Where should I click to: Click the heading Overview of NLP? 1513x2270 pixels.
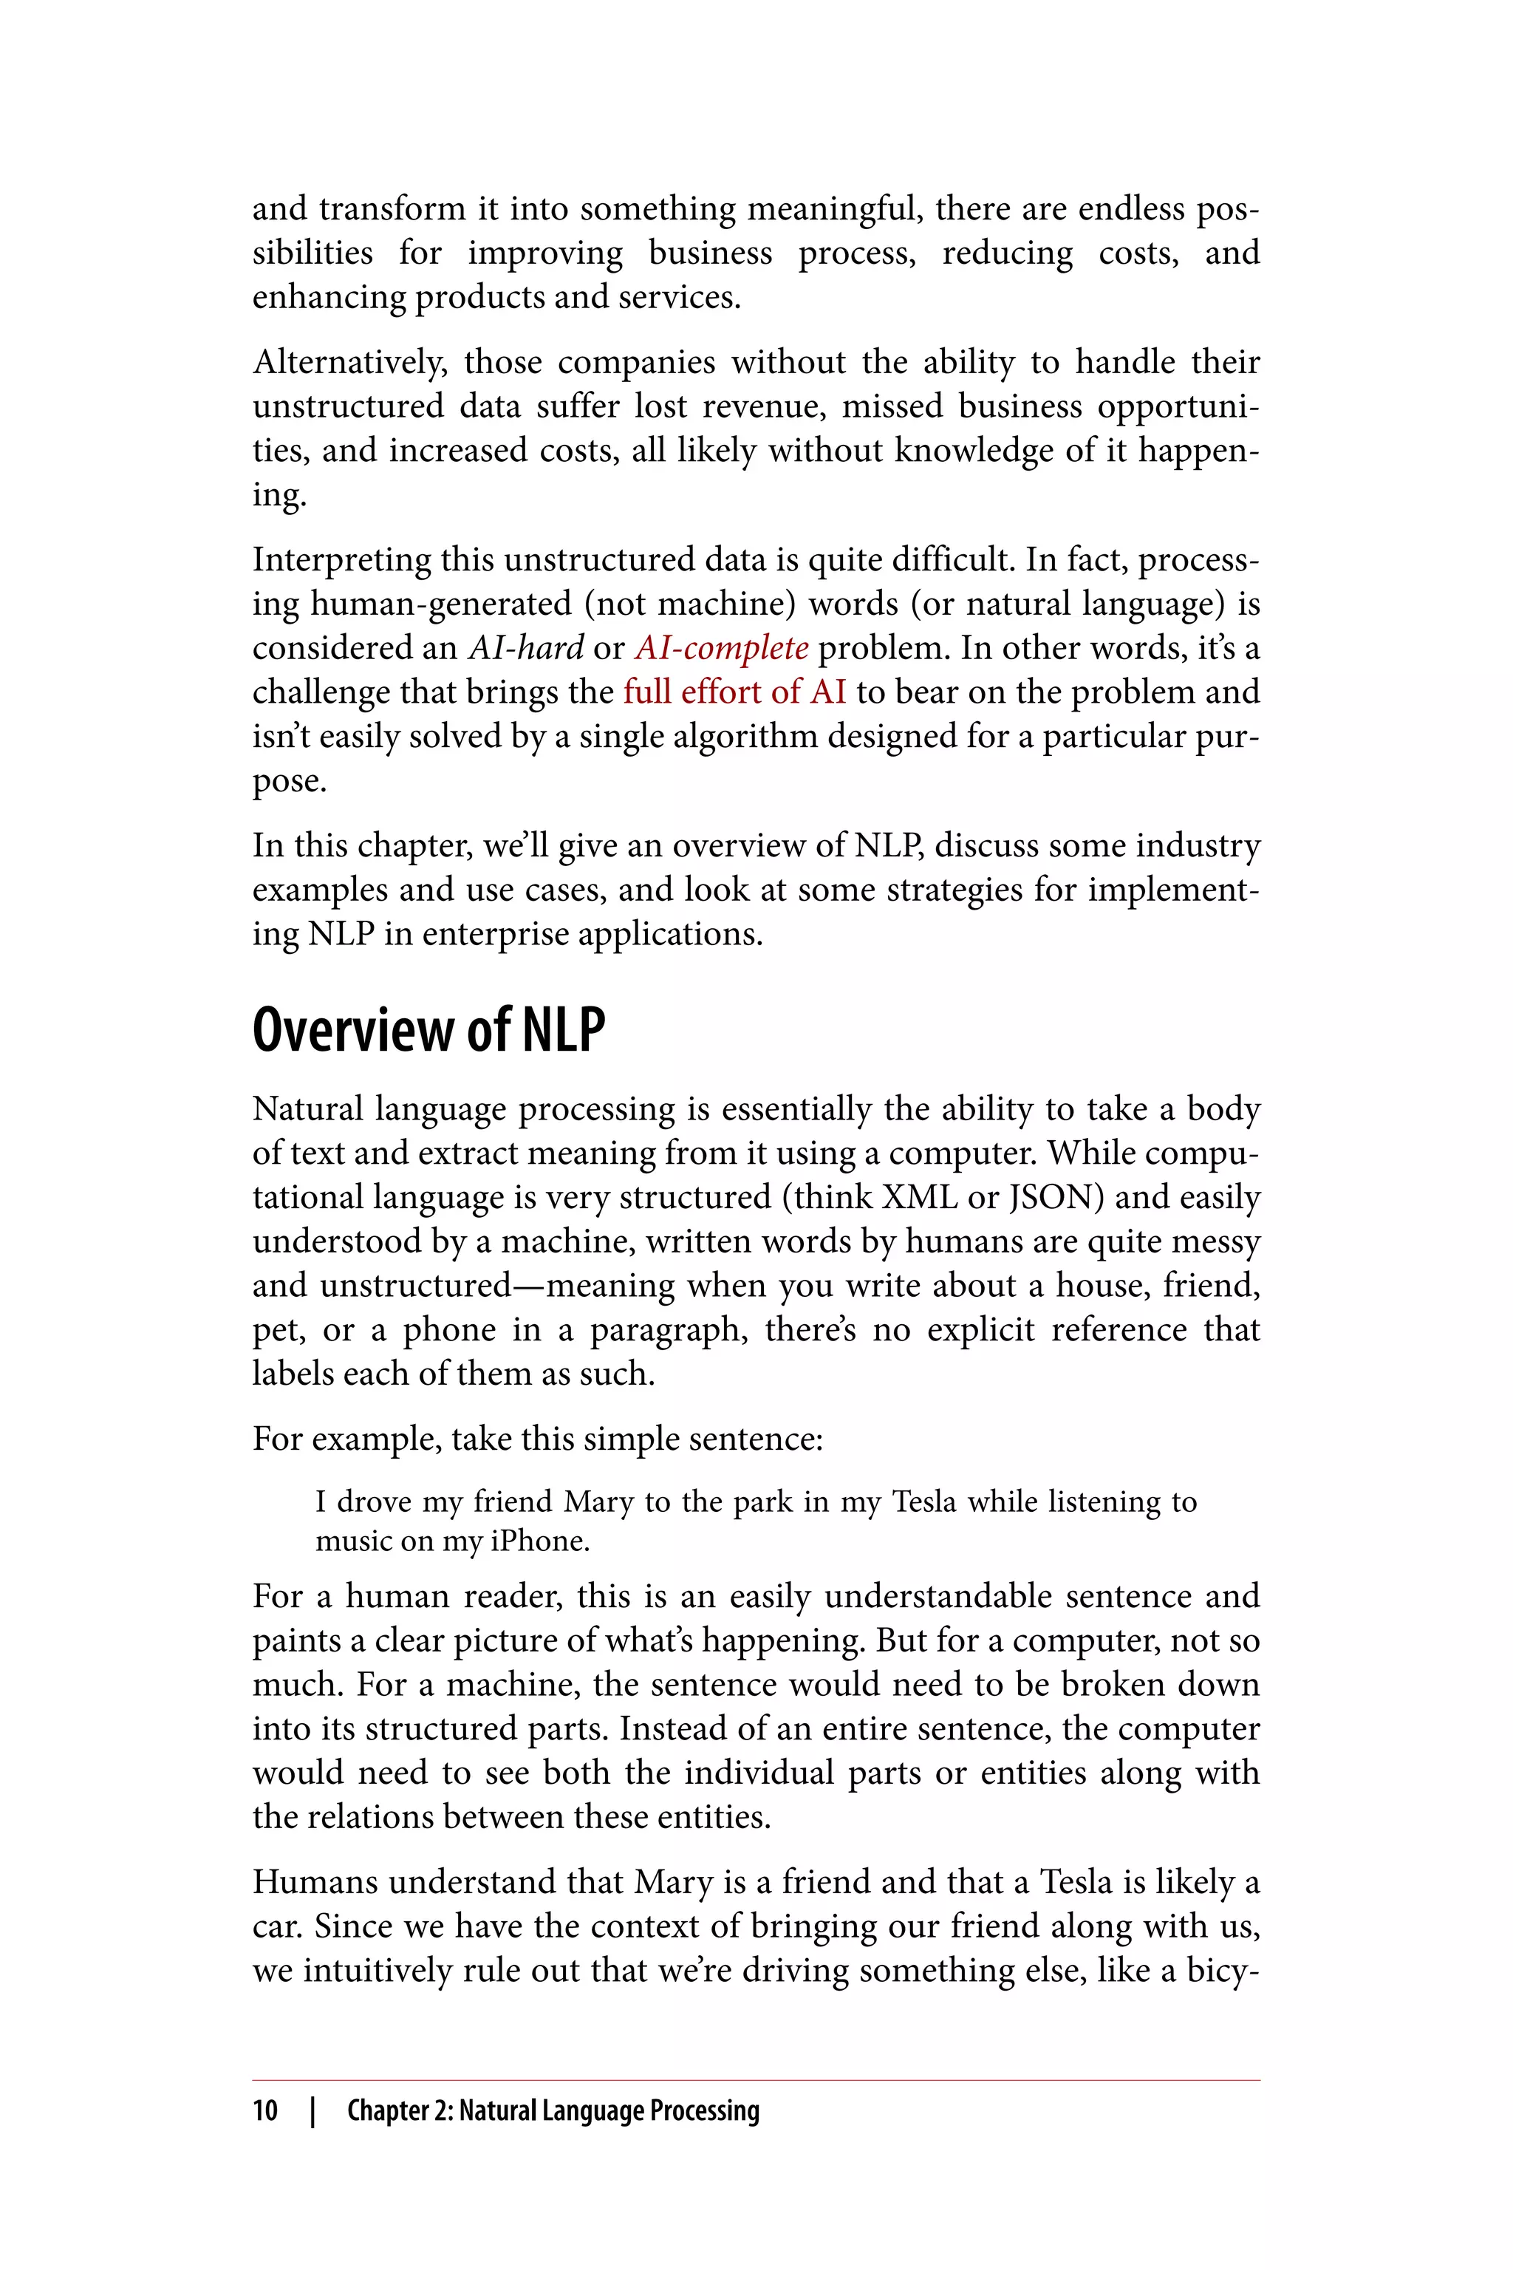(x=428, y=1031)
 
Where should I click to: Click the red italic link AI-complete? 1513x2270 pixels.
(x=721, y=647)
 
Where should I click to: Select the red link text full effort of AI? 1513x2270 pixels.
(x=734, y=692)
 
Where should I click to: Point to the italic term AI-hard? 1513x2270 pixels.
(x=526, y=647)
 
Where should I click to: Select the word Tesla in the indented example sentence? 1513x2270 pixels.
(x=924, y=1502)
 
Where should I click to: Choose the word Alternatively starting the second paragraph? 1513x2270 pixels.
(x=349, y=363)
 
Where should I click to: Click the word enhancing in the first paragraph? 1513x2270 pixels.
(x=328, y=297)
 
